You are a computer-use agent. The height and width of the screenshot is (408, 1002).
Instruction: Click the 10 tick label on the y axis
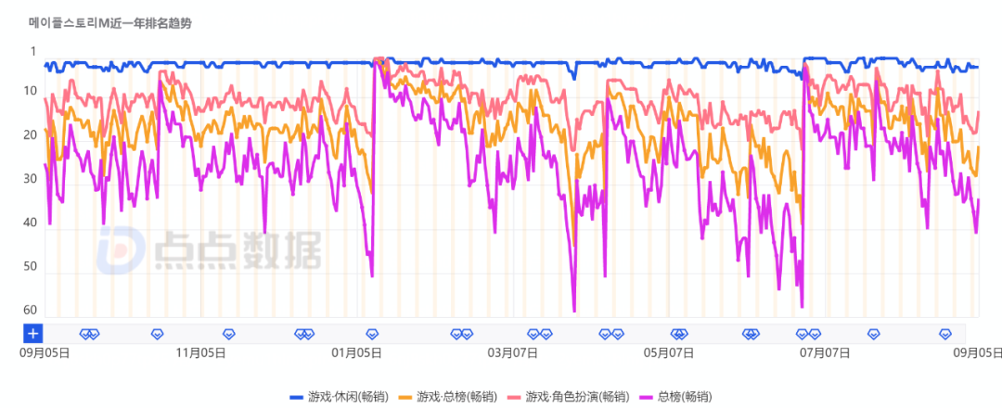coord(31,91)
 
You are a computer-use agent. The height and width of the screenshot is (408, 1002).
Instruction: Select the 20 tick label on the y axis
coord(31,135)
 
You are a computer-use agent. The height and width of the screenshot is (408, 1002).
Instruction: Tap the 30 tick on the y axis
coord(31,179)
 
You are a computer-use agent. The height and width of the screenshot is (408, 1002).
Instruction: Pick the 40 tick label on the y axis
coord(31,223)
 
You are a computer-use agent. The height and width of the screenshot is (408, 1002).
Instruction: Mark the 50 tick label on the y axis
coord(31,266)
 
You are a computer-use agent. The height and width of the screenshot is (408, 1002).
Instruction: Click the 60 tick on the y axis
coord(31,310)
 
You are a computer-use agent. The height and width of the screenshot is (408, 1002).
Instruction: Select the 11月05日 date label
coord(201,352)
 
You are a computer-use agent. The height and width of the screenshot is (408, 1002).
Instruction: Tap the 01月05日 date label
coord(357,352)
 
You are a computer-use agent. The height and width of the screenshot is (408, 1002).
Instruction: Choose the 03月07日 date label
coord(513,352)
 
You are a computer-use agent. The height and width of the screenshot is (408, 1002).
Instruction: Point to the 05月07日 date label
coord(670,352)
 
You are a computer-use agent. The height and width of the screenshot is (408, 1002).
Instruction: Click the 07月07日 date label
coord(826,352)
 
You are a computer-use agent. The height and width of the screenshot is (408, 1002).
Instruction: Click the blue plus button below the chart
coord(33,334)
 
